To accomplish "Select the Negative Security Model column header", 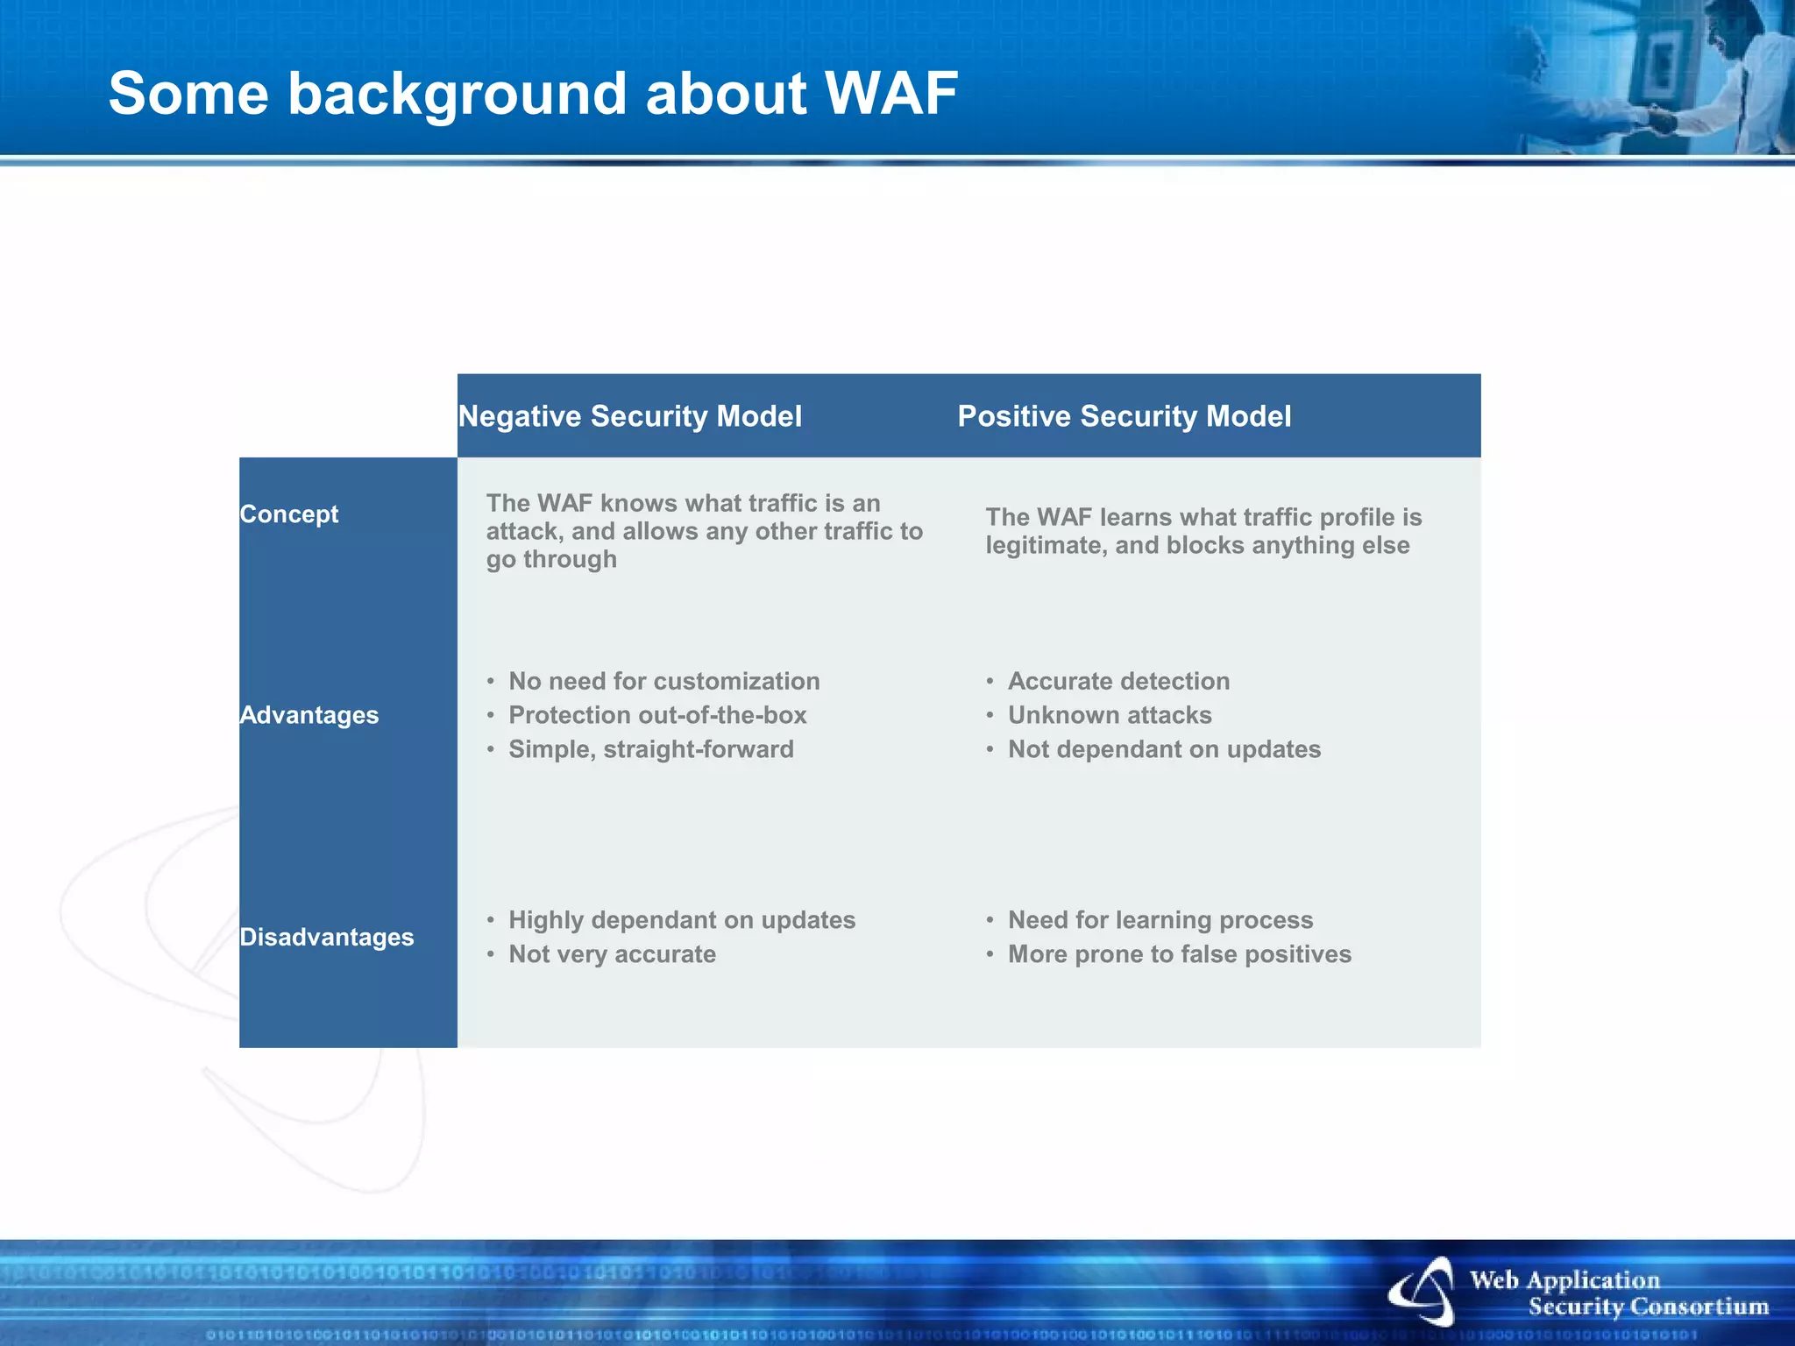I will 630,416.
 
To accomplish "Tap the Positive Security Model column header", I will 1124,416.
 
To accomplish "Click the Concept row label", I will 289,514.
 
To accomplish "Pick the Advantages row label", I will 309,715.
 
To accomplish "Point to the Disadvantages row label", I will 327,938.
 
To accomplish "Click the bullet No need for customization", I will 663,681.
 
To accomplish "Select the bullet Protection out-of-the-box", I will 657,715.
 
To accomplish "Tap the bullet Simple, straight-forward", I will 650,749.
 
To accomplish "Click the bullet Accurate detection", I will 1118,681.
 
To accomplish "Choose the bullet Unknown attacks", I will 1110,715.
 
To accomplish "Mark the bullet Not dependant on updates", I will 1164,749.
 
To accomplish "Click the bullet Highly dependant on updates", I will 682,920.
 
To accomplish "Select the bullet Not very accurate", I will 612,954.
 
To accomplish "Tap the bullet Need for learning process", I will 1160,920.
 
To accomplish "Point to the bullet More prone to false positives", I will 1179,954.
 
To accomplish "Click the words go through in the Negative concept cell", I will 551,560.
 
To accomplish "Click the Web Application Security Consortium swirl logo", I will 1423,1292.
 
